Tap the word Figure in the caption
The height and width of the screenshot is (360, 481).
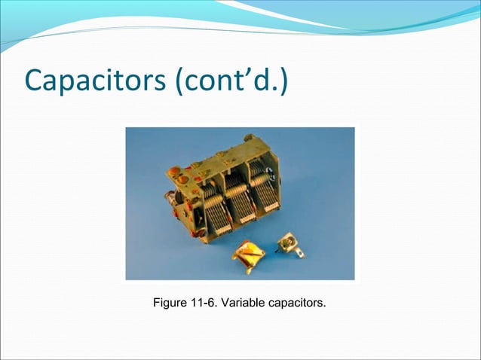point(170,304)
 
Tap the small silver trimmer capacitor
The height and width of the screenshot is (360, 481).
point(286,243)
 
